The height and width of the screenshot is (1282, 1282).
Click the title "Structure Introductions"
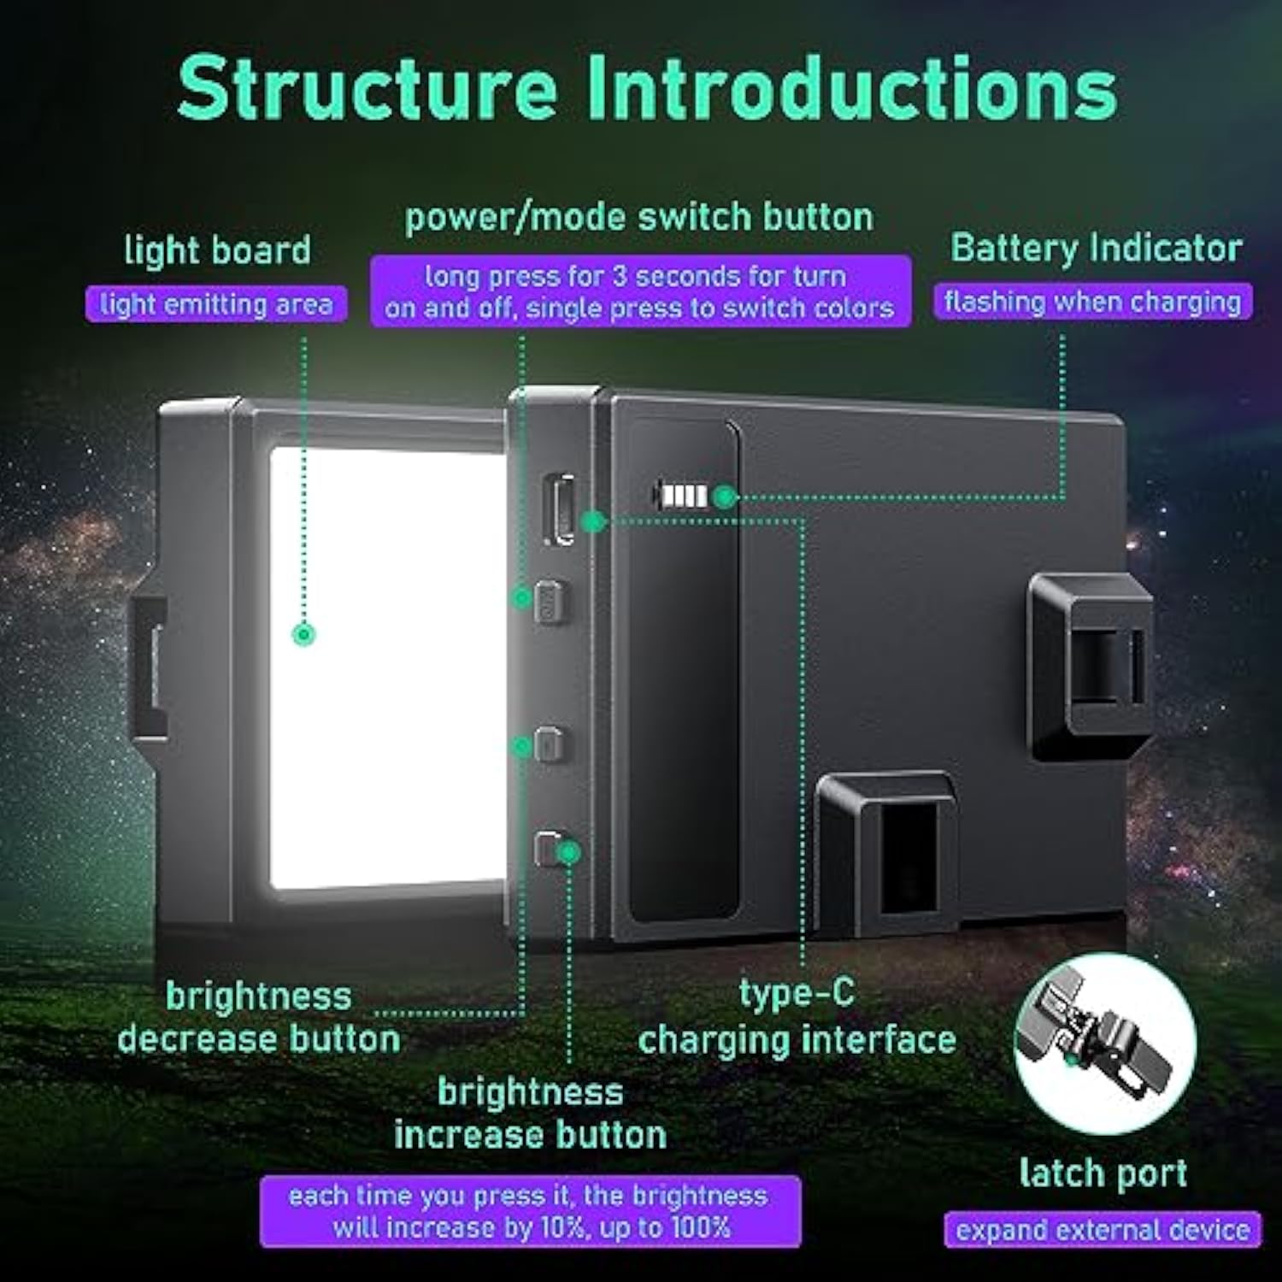647,89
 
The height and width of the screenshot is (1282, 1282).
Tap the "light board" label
217,250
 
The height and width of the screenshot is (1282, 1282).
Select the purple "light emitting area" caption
216,304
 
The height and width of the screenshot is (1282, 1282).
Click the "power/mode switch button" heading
639,217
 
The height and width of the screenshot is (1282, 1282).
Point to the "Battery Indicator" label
1096,249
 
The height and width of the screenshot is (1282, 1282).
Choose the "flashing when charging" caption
1092,302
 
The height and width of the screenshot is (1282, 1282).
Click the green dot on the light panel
303,634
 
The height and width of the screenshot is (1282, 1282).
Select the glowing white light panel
386,667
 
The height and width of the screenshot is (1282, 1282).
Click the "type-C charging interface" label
797,1017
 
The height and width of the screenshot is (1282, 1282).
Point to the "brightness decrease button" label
259,1018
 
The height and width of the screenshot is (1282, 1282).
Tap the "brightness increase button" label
530,1114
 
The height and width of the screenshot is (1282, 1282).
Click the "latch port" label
1103,1173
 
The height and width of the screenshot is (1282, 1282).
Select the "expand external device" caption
1103,1230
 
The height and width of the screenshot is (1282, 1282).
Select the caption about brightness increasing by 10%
530,1212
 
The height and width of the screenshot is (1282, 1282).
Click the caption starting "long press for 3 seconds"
640,291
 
